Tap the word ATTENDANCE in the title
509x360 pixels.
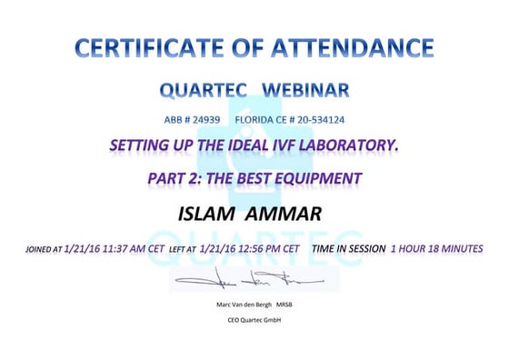tap(355, 47)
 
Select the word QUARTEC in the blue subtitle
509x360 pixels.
tap(203, 90)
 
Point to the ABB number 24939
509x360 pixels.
tap(205, 119)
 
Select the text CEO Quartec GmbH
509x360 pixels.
tap(254, 320)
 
